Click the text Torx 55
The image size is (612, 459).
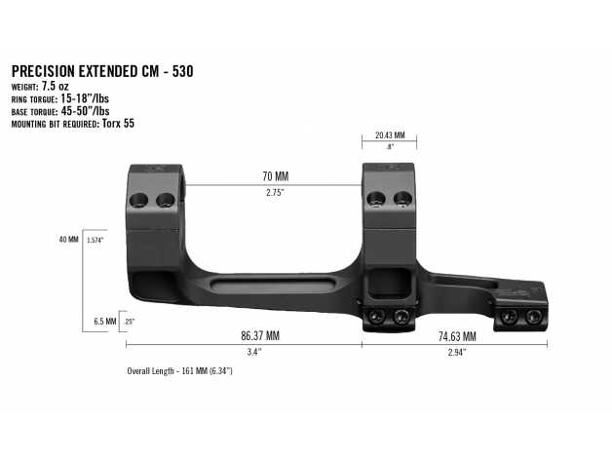tap(118, 125)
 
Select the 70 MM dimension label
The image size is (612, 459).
tap(276, 176)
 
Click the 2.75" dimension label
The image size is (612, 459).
tap(276, 193)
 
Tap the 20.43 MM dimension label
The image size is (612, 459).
tap(389, 136)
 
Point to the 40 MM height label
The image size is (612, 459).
tap(69, 239)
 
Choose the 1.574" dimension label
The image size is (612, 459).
tap(95, 239)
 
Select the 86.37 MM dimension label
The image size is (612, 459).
tap(259, 334)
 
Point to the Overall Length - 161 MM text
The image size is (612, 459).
tap(179, 371)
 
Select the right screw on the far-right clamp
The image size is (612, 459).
tap(533, 318)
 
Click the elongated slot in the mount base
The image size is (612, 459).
tap(274, 284)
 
